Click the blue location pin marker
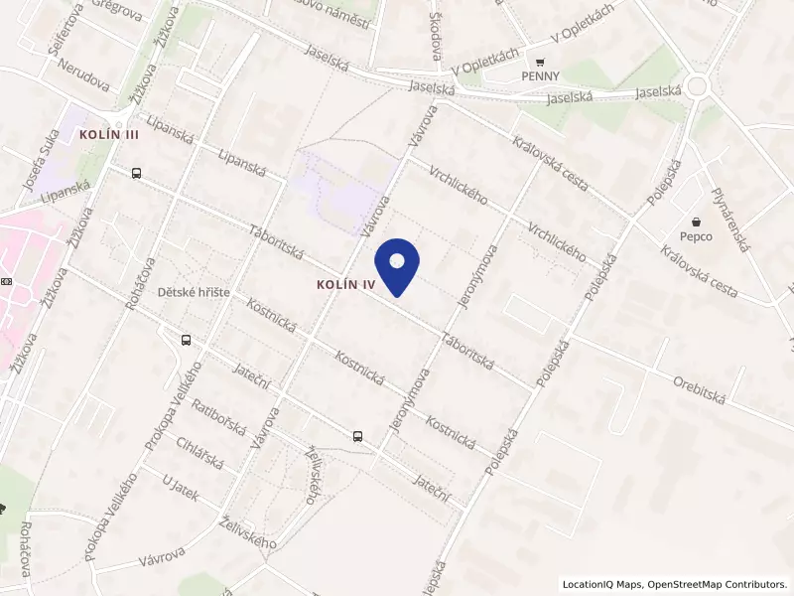397,265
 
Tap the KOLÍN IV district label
341,284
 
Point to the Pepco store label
697,236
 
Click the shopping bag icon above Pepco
697,221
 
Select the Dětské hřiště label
194,292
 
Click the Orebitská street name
701,388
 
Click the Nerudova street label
83,74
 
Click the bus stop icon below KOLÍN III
136,173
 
